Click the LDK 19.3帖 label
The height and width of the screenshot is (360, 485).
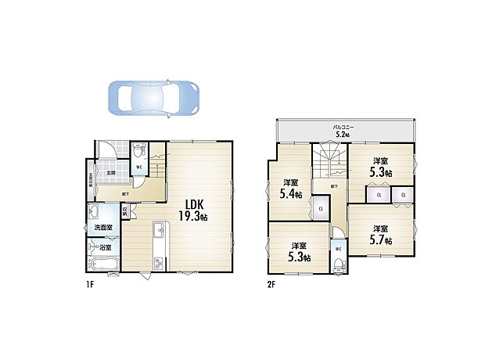[x=192, y=210]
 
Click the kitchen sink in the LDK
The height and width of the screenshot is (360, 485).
[x=158, y=229]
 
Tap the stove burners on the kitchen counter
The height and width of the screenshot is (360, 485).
[x=158, y=263]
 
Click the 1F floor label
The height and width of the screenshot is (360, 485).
[x=90, y=284]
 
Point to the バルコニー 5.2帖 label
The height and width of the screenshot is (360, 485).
[x=343, y=130]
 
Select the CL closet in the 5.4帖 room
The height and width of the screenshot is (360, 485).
[x=321, y=207]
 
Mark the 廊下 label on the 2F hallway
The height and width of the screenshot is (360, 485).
[x=334, y=186]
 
